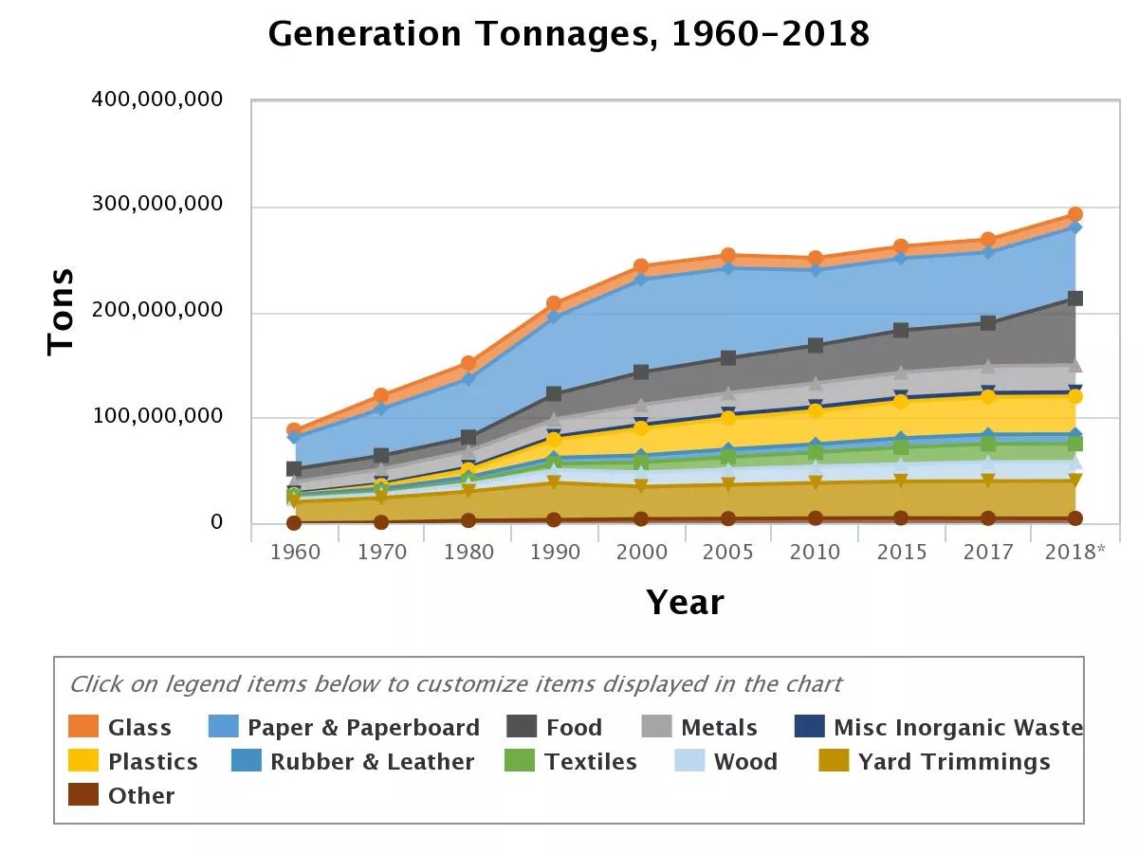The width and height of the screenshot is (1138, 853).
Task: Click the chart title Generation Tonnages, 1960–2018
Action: coord(569,35)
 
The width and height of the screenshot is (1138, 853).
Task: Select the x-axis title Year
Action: coord(685,603)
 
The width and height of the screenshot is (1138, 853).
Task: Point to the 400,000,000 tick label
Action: coord(157,100)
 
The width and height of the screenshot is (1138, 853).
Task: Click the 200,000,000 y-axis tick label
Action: coord(157,311)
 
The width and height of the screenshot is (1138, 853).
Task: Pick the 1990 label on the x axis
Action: coord(555,553)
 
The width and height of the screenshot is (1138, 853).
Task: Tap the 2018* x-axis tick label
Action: coord(1074,553)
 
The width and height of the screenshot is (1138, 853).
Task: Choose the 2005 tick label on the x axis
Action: coord(728,553)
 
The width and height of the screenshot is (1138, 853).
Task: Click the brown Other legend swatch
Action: coord(83,796)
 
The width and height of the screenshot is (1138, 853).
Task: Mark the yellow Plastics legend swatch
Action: coord(83,762)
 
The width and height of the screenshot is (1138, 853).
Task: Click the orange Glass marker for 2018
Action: coord(1075,215)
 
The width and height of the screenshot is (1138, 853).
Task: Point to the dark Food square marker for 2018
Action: coord(1075,299)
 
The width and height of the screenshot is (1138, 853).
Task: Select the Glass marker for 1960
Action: coord(294,430)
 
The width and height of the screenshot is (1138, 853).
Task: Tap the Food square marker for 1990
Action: coord(555,394)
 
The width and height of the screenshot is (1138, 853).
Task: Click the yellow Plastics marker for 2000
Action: coord(642,428)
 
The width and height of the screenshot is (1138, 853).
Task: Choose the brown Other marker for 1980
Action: coord(468,520)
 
